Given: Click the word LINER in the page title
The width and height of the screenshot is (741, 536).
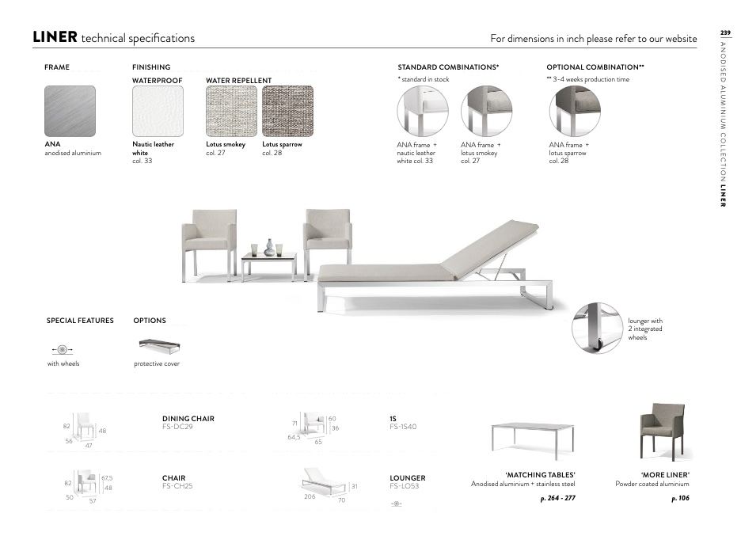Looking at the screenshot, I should click(x=55, y=37).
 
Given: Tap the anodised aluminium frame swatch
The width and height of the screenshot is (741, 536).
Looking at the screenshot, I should click(x=70, y=111).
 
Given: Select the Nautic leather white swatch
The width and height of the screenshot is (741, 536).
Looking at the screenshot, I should click(x=158, y=111).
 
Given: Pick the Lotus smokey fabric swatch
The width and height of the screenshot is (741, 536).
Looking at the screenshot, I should click(x=231, y=111).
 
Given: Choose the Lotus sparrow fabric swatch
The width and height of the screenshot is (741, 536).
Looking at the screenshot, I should click(x=287, y=111).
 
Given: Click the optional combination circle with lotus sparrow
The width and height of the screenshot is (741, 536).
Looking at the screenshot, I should click(x=574, y=111).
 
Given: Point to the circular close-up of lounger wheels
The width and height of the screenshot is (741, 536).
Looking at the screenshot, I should click(x=596, y=327).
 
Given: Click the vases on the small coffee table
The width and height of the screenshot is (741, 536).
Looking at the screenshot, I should click(x=269, y=248).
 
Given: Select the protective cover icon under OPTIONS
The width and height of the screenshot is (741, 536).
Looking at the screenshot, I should click(x=158, y=346).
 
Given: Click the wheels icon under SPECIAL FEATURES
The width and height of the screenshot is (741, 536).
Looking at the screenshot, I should click(x=62, y=349).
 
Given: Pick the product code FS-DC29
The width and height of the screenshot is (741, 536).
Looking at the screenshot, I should click(x=177, y=427).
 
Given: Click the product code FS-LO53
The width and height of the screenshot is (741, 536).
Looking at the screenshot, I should click(x=405, y=486).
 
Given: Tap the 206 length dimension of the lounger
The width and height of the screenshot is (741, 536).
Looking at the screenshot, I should click(x=310, y=496).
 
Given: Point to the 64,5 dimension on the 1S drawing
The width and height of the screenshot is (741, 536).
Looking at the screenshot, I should click(x=294, y=436).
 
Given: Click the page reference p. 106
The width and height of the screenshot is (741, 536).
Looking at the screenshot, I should click(x=680, y=499).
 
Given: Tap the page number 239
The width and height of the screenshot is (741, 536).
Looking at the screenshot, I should click(x=724, y=32).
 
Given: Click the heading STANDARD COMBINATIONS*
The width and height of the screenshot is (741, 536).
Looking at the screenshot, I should click(x=448, y=67).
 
